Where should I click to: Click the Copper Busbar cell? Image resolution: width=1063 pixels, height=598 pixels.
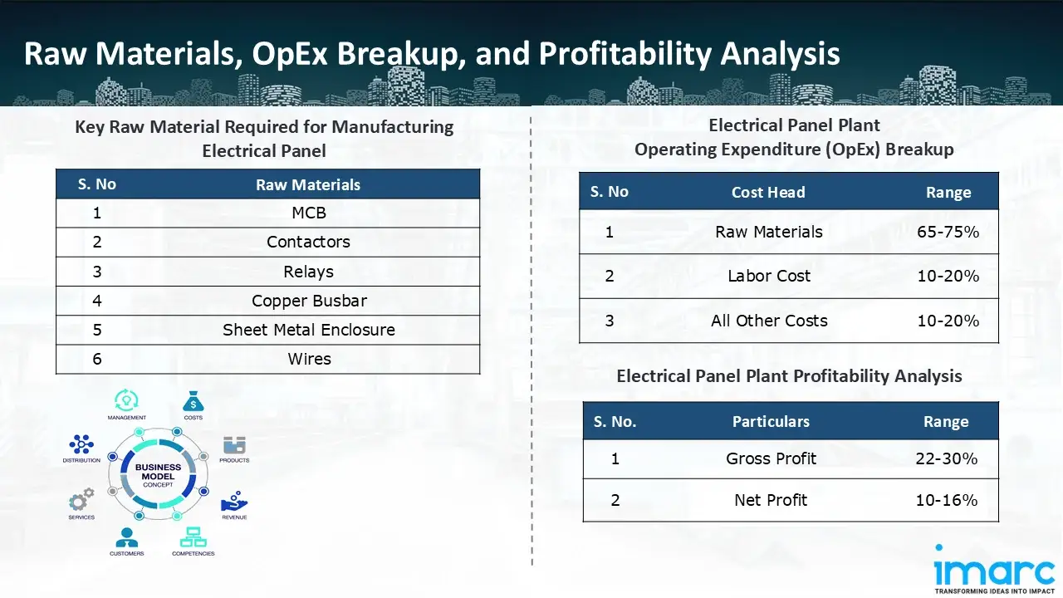(309, 301)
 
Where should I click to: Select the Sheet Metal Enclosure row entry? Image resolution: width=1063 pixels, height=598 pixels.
(309, 330)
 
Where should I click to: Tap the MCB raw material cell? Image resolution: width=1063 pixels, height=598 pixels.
(309, 213)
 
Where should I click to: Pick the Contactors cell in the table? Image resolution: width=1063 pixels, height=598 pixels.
(309, 242)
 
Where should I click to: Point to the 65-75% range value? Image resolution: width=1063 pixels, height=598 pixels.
(948, 232)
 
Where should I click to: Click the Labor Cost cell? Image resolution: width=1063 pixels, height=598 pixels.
(769, 276)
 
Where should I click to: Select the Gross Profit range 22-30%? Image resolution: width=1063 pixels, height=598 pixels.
(946, 458)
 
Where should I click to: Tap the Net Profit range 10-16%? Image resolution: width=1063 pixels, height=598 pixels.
(946, 500)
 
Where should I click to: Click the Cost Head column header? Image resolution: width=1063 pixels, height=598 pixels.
(768, 192)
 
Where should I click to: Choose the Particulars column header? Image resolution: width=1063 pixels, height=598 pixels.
(771, 422)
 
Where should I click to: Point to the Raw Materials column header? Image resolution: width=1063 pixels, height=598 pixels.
(308, 184)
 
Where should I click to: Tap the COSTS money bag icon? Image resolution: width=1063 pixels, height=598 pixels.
(193, 402)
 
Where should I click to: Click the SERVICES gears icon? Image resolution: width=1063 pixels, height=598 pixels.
(81, 500)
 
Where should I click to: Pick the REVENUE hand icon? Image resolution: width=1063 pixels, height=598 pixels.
(233, 500)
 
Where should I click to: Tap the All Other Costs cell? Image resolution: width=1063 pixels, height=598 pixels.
(769, 321)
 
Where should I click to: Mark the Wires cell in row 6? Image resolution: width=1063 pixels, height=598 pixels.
(310, 359)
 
